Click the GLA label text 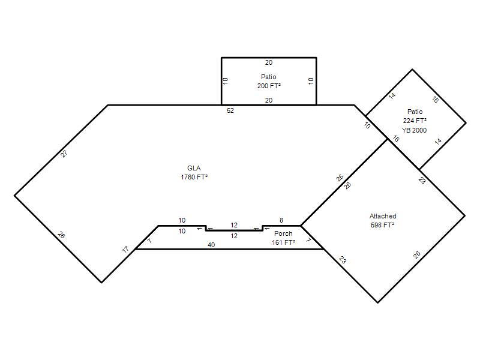tap(194, 168)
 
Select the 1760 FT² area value tap(194, 177)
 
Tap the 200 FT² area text tap(269, 86)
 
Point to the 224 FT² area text tap(415, 121)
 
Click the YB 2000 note tap(414, 130)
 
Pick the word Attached tap(383, 216)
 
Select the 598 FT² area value tap(382, 225)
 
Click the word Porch tap(283, 233)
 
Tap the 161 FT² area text tap(283, 242)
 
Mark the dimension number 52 tap(230, 110)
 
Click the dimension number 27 tap(64, 154)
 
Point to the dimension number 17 tap(125, 250)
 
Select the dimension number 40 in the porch tap(211, 245)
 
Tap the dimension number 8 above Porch tap(281, 220)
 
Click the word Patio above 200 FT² tap(268, 77)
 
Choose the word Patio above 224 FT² tap(415, 112)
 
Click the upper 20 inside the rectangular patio tap(268, 62)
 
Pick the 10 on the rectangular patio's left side tap(226, 81)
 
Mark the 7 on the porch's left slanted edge tap(149, 241)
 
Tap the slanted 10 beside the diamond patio tap(367, 125)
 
